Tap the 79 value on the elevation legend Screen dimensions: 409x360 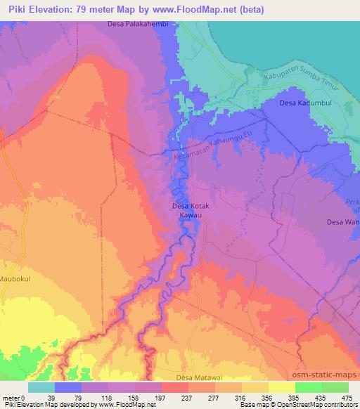pyautogui.click(x=68, y=398)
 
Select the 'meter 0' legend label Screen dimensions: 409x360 pyautogui.click(x=13, y=398)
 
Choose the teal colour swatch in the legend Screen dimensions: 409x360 pyautogui.click(x=41, y=387)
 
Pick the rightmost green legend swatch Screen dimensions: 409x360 pyautogui.click(x=335, y=387)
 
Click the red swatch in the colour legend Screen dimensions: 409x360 pyautogui.click(x=175, y=387)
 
